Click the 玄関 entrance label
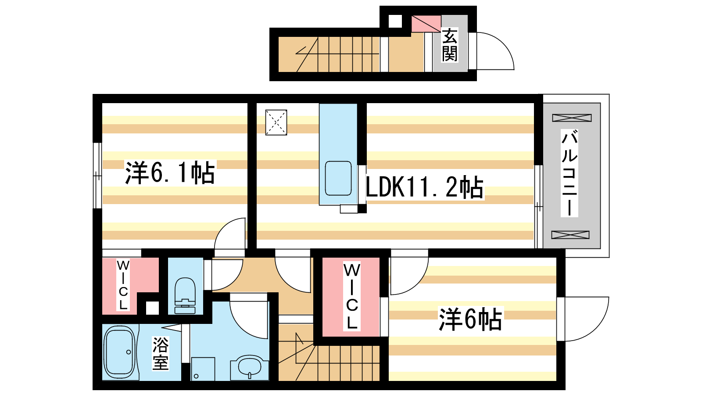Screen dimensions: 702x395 [450, 45]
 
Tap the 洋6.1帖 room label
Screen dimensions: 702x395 [170, 173]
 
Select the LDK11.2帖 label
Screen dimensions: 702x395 [424, 187]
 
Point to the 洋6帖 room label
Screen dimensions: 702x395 [470, 320]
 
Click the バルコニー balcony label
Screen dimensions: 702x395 [569, 173]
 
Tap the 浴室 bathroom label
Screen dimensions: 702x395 [161, 353]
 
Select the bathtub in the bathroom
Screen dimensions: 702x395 [119, 352]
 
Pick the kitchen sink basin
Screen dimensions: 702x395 [338, 178]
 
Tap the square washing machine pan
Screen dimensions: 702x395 [203, 369]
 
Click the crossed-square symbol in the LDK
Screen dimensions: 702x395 [276, 122]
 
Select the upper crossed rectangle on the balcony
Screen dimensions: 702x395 [572, 118]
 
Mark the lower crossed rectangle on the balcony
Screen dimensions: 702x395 [570, 234]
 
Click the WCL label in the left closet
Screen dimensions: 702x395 [123, 285]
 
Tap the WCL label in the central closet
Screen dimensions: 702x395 [351, 296]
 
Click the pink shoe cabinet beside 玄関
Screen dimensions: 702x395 [426, 24]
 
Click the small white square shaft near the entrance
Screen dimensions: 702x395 [395, 21]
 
